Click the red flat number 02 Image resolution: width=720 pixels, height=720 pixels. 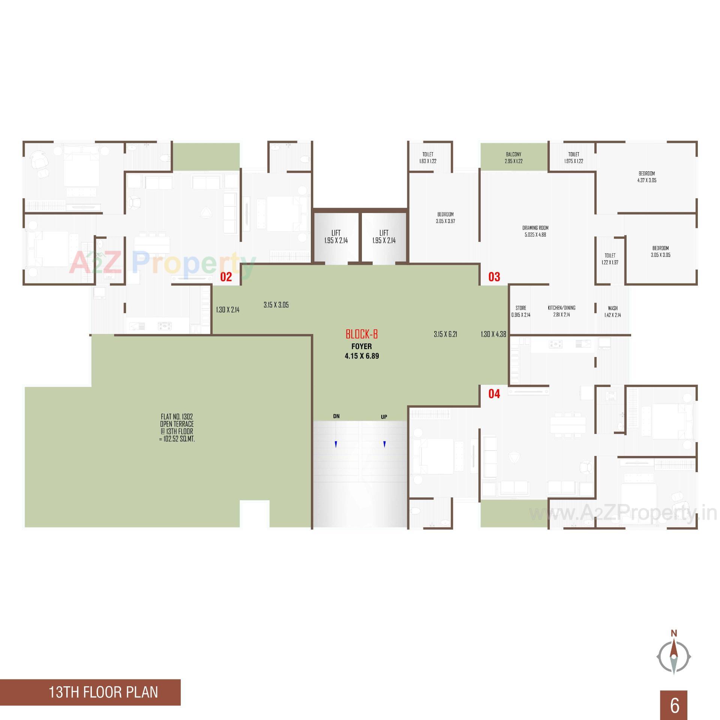(x=226, y=277)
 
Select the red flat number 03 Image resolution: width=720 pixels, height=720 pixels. (x=494, y=277)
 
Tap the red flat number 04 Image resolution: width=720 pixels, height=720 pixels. (x=494, y=394)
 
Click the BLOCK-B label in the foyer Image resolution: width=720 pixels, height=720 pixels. (x=361, y=334)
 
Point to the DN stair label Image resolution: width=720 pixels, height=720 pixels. (x=336, y=416)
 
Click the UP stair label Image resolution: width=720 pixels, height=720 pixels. (x=384, y=417)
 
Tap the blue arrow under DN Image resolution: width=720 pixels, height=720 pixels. (x=336, y=444)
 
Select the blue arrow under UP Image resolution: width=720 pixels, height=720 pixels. (x=384, y=444)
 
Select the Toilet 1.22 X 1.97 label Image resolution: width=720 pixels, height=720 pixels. (x=610, y=259)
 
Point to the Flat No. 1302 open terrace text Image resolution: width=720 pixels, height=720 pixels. (x=177, y=427)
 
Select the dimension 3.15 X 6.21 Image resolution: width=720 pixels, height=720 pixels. (x=445, y=334)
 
